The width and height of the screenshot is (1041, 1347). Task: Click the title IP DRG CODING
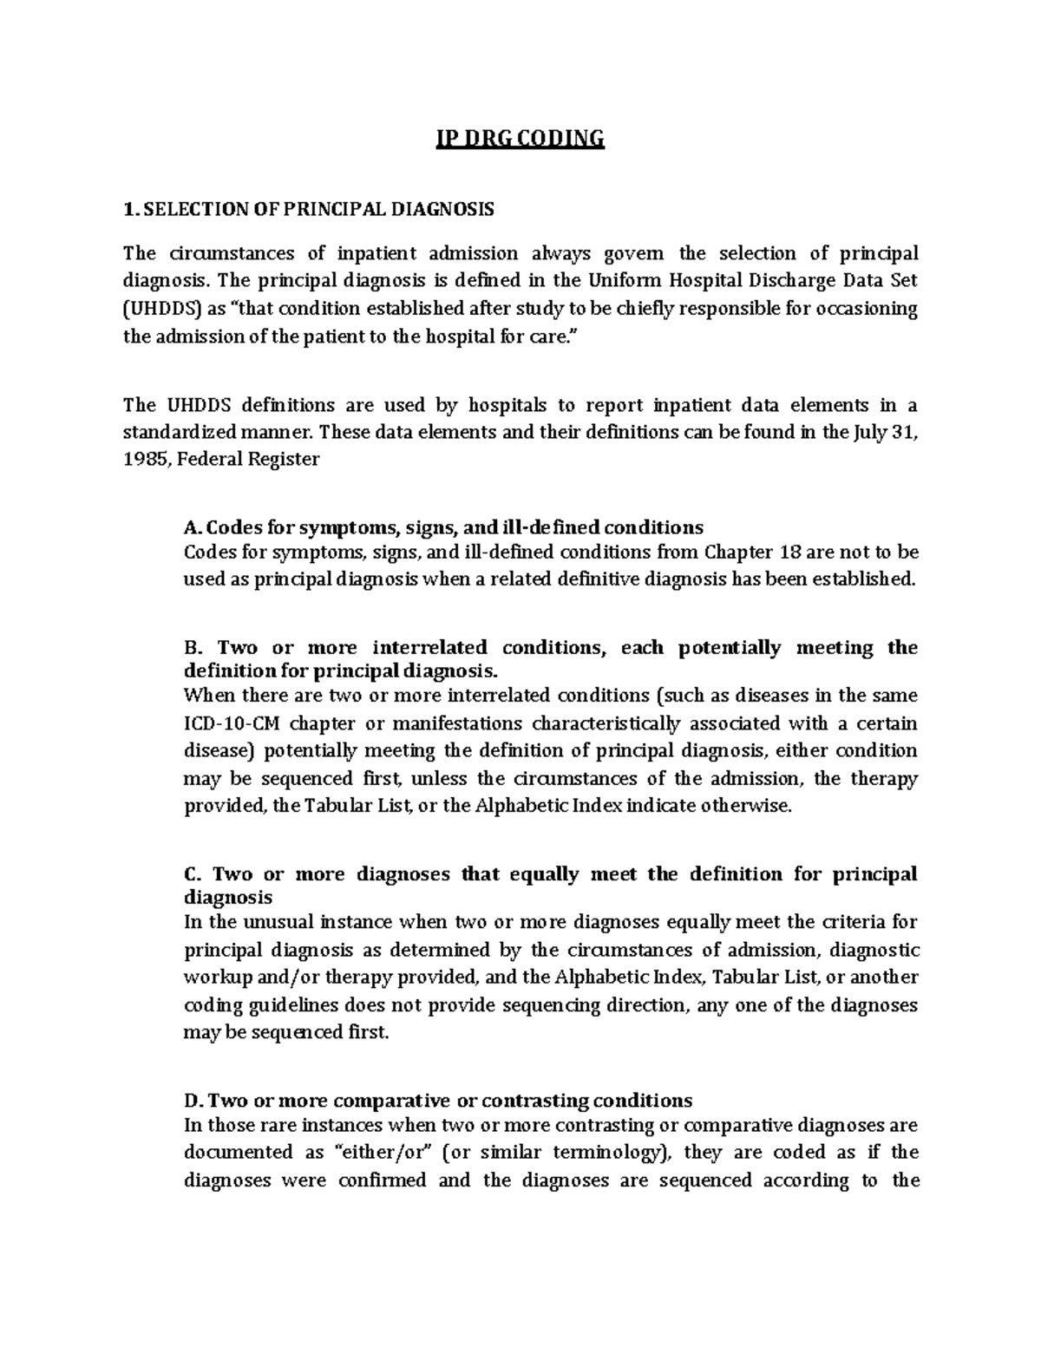click(x=520, y=139)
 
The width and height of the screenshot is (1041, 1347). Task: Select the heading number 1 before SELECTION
click(x=128, y=209)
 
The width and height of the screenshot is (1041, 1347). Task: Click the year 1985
click(x=143, y=460)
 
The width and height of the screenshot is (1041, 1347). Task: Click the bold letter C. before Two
click(x=193, y=874)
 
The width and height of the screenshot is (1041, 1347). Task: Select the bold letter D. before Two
click(x=193, y=1101)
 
